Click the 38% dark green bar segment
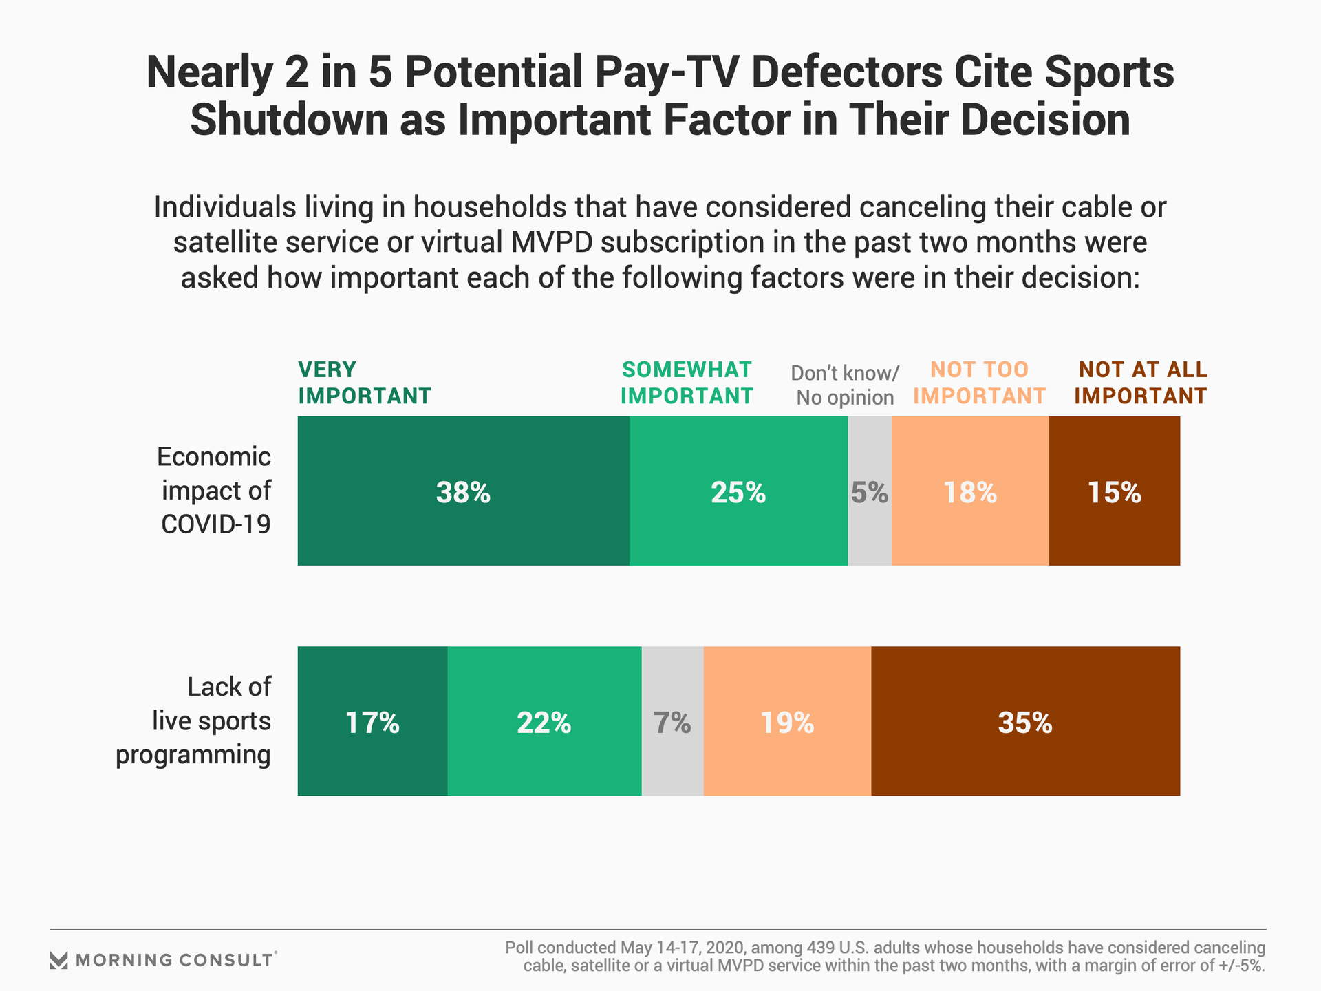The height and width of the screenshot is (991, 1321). click(463, 491)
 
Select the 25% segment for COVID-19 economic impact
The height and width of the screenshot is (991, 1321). click(738, 491)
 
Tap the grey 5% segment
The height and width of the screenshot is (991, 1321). click(870, 491)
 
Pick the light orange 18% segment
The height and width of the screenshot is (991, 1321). click(970, 491)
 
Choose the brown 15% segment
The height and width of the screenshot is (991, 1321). click(1115, 491)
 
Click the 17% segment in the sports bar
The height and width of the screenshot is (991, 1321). click(372, 722)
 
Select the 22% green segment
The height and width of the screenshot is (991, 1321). click(544, 722)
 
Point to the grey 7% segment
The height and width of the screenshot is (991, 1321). click(672, 722)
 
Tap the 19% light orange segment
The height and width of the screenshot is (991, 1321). click(787, 722)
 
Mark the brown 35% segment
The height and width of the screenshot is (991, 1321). click(1025, 722)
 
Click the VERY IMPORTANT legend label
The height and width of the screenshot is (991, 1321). click(364, 383)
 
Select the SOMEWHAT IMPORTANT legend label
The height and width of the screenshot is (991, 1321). click(687, 383)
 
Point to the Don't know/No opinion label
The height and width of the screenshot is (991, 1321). click(845, 385)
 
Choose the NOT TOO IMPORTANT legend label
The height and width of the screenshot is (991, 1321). click(979, 383)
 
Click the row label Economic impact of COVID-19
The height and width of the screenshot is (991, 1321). click(215, 491)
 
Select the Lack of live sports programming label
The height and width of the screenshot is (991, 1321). click(193, 721)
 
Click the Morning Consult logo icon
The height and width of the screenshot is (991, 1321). click(59, 960)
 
